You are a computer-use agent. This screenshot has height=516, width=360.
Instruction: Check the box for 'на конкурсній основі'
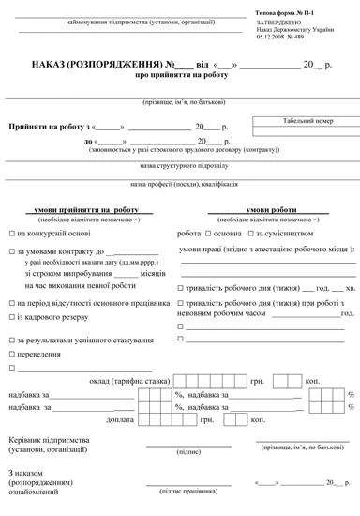pyautogui.click(x=10, y=232)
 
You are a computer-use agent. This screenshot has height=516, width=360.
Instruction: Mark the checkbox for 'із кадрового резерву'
pyautogui.click(x=10, y=317)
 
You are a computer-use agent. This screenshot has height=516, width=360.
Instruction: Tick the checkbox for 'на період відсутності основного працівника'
pyautogui.click(x=10, y=304)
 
